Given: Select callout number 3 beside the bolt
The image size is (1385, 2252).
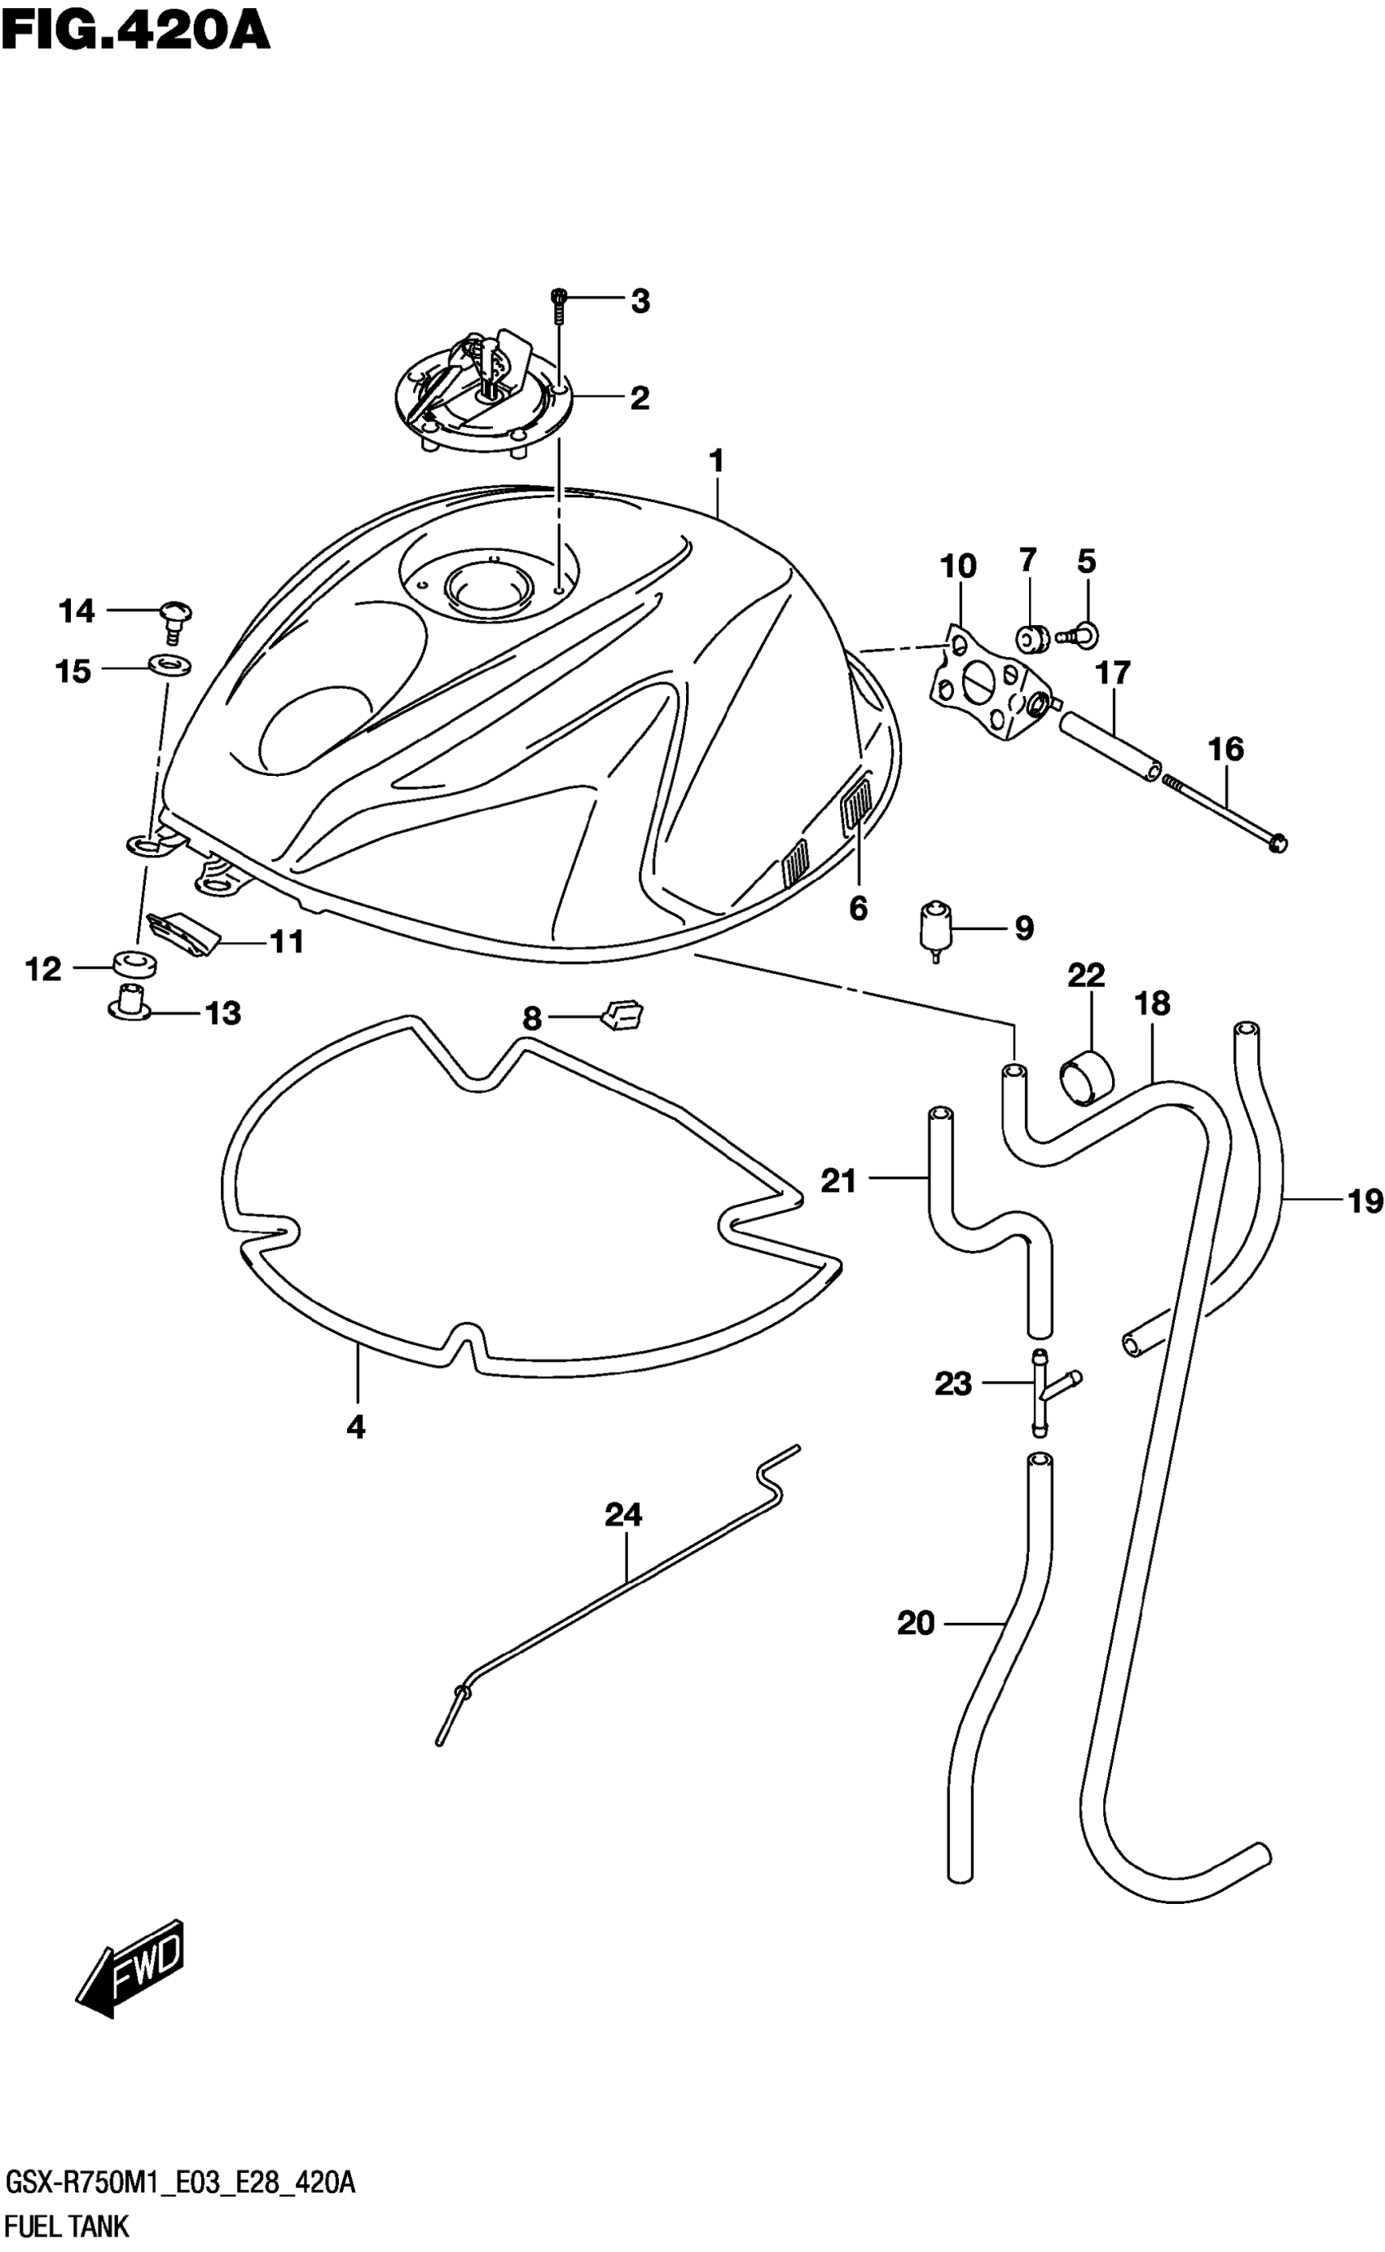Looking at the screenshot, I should (640, 302).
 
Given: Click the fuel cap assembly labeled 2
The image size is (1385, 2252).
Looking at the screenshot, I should (481, 394).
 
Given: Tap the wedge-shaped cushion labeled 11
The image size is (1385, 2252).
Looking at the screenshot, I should (186, 932).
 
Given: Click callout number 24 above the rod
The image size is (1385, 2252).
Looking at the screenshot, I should (624, 1515).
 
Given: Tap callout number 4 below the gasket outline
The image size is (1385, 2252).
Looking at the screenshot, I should (356, 1426).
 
